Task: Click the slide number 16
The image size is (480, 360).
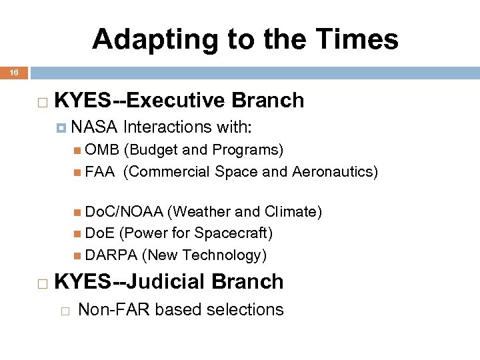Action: (x=14, y=71)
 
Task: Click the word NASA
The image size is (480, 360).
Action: (x=95, y=127)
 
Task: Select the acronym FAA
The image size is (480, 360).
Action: (x=99, y=172)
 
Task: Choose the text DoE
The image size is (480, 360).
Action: (x=99, y=233)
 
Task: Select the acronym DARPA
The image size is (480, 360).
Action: (x=111, y=255)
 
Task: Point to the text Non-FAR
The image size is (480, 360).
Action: (x=107, y=309)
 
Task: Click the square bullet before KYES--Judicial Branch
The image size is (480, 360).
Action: (x=42, y=283)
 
